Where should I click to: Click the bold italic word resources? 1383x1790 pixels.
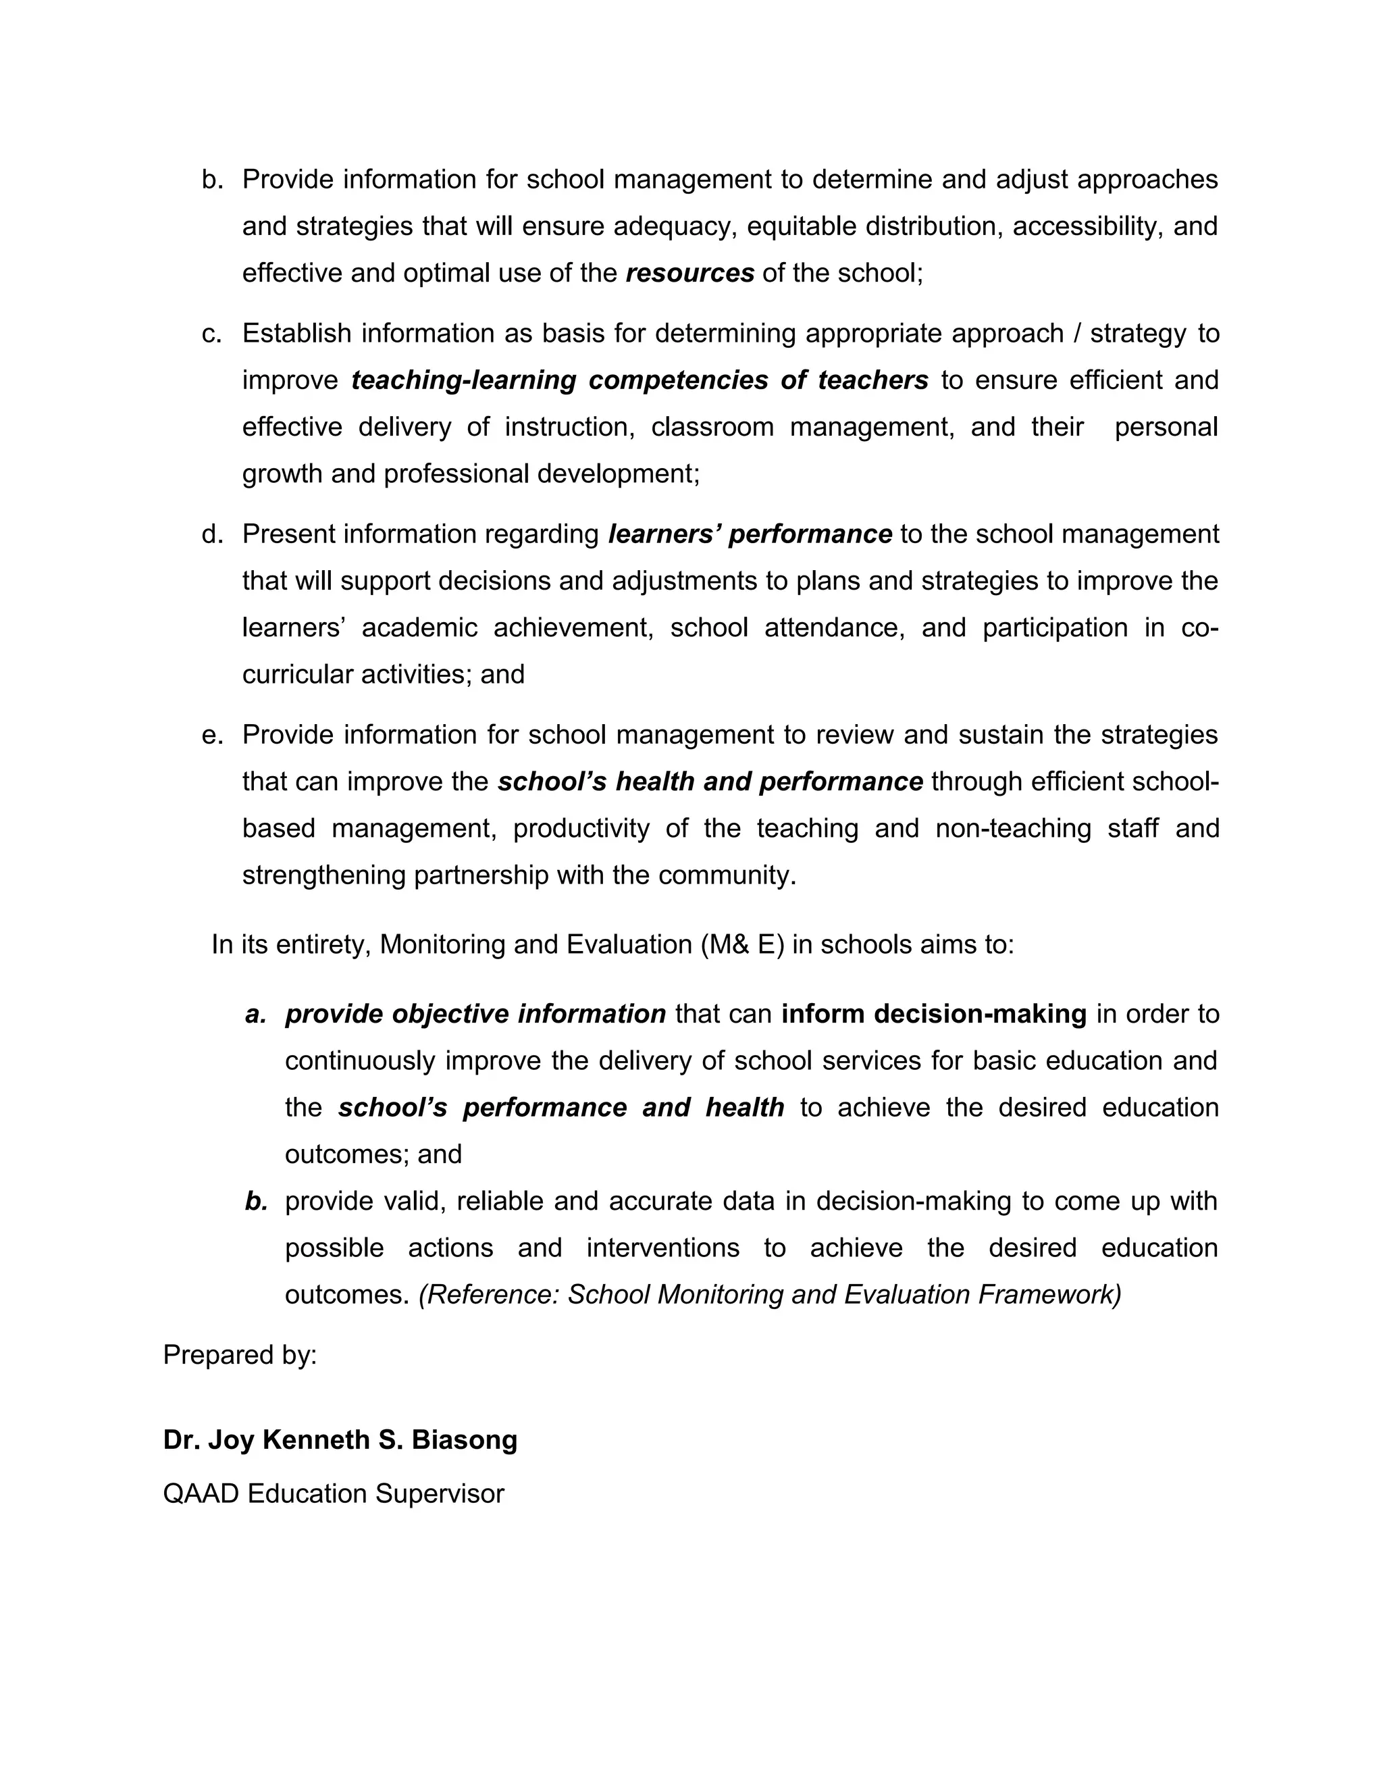coord(690,273)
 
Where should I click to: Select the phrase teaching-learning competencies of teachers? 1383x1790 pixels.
coord(640,380)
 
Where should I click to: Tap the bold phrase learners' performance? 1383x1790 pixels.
coord(750,534)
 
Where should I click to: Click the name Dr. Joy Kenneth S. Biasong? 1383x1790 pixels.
coord(340,1439)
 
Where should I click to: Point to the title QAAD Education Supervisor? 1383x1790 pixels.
coord(334,1493)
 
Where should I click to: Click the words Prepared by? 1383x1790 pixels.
coord(240,1355)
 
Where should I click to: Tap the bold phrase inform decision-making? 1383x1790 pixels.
coord(934,1014)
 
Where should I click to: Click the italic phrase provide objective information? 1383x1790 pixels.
coord(475,1014)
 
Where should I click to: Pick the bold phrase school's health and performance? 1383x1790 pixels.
coord(710,782)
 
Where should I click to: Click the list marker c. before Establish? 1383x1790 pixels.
coord(211,334)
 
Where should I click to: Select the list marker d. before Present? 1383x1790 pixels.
coord(211,534)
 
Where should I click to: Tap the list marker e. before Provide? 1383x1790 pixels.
coord(211,735)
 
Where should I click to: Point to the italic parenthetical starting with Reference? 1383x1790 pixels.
coord(769,1294)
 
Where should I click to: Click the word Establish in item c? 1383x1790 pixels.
coord(296,334)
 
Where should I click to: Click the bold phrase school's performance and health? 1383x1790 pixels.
coord(561,1107)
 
